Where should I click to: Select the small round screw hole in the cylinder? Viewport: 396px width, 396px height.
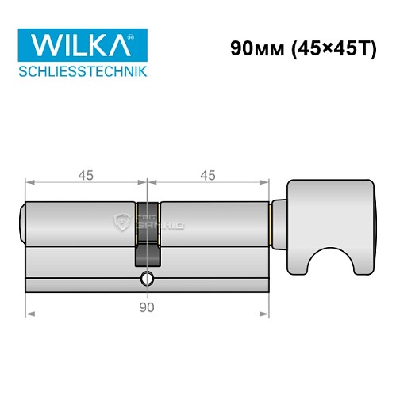pyautogui.click(x=147, y=278)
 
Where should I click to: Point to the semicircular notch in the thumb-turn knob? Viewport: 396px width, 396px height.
pyautogui.click(x=325, y=270)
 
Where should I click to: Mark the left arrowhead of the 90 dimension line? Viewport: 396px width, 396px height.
pyautogui.click(x=30, y=314)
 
